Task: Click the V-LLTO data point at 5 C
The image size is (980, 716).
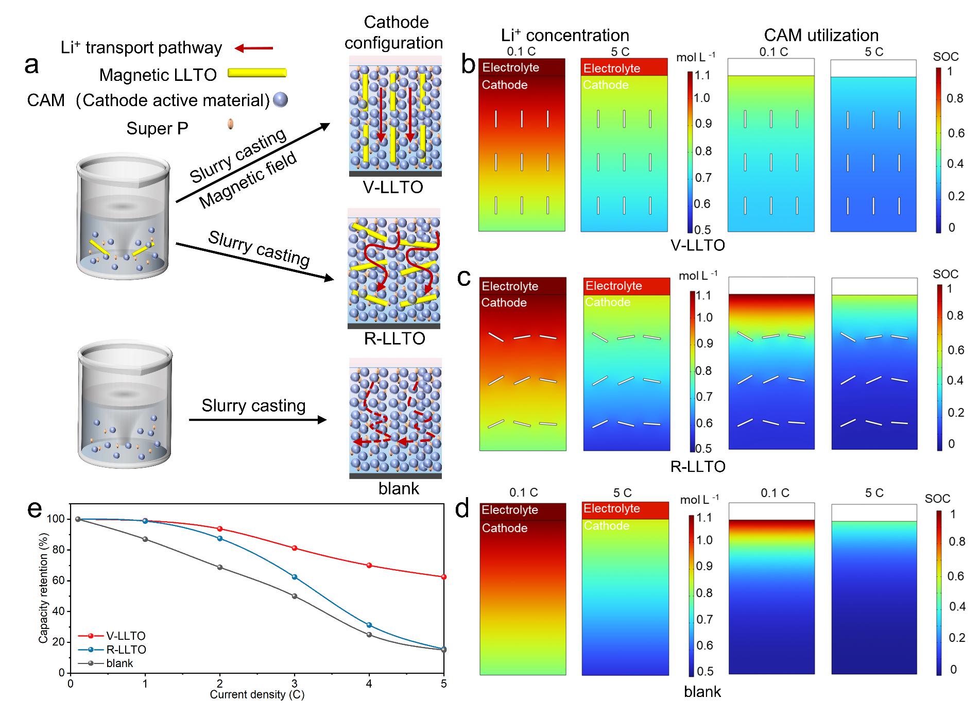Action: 443,577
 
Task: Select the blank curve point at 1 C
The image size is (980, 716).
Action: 145,539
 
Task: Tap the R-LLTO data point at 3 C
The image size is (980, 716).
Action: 295,577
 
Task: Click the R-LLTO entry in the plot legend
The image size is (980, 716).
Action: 126,650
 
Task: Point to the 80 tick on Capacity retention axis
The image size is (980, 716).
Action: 58,550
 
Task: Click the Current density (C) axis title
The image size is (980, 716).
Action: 257,694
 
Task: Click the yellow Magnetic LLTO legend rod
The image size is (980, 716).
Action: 256,73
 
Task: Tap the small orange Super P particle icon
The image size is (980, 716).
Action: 230,124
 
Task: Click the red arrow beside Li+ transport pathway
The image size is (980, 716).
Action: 253,48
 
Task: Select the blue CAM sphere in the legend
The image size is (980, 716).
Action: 280,99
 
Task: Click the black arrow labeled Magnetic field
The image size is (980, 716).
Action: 252,163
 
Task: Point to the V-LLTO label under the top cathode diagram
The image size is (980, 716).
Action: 393,187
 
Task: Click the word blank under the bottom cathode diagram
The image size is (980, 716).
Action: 399,488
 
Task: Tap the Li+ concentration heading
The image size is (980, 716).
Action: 565,35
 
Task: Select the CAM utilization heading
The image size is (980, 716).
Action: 821,35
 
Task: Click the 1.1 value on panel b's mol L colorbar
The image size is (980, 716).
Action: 702,76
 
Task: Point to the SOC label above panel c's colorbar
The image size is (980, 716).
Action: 945,274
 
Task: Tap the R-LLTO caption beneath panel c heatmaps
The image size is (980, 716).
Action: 698,467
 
